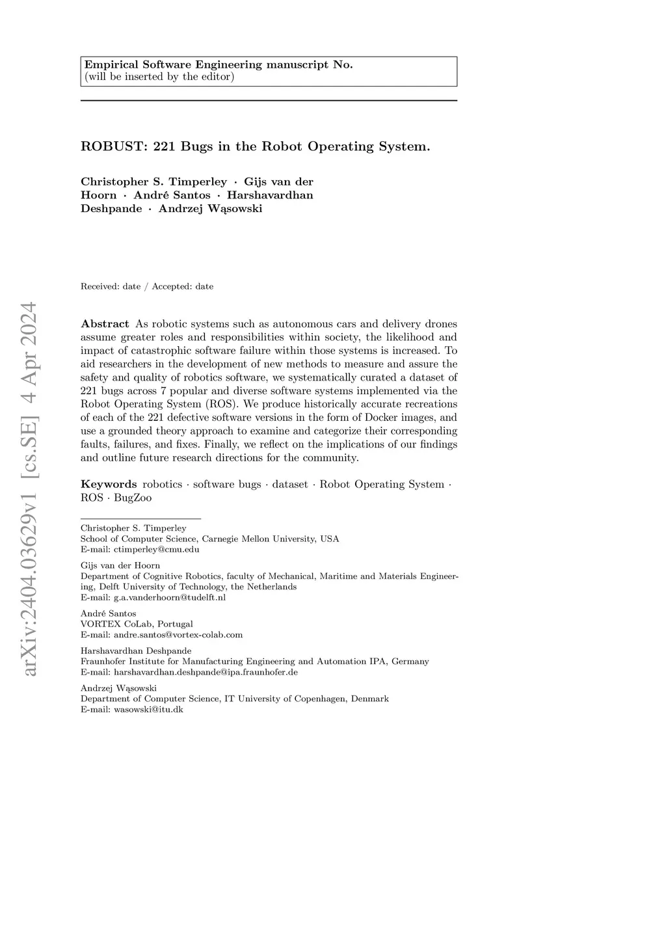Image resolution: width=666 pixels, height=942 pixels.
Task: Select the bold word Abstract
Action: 105,324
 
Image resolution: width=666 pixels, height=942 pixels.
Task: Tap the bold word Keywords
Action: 109,484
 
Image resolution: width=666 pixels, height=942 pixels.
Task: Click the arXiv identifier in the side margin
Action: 29,488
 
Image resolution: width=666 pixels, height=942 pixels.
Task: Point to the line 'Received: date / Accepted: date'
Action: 147,286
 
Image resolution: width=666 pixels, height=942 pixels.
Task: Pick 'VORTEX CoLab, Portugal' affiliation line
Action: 137,624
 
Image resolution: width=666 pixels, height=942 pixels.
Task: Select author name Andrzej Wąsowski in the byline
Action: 210,209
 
